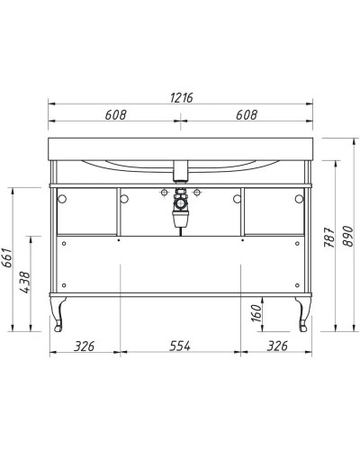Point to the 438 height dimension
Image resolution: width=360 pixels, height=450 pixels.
[25, 282]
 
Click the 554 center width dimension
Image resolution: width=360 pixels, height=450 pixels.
[180, 346]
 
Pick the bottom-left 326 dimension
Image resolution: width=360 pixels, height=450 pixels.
[84, 346]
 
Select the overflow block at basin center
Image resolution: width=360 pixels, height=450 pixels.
[180, 169]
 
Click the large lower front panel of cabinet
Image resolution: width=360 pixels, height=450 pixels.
[180, 270]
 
